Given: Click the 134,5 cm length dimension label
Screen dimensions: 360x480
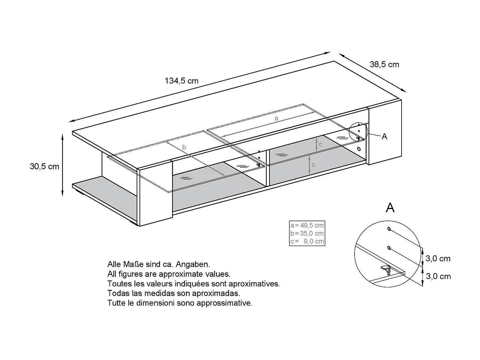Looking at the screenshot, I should tap(181, 81).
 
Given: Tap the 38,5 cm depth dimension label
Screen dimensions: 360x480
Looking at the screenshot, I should tap(384, 65).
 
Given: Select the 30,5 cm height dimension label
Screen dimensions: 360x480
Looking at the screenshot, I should tap(44, 166).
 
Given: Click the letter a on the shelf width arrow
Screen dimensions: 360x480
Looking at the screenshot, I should tap(276, 118).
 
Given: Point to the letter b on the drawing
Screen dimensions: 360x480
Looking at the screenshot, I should tap(184, 147).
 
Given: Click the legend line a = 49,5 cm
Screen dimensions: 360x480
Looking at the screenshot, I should tap(307, 225).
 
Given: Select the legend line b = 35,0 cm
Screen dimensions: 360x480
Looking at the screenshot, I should tap(307, 233).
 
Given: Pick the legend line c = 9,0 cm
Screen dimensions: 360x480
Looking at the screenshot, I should tap(307, 241).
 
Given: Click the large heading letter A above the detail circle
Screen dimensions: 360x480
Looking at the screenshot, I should tap(390, 208).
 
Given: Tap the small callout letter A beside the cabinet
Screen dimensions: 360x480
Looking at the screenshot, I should tap(384, 137).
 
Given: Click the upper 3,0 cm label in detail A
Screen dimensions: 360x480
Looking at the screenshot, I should tap(438, 259).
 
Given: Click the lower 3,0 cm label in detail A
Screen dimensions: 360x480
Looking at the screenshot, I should tap(438, 276).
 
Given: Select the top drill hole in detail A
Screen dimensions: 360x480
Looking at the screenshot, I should tap(389, 229).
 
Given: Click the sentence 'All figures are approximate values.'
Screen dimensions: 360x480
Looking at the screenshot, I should tap(169, 274).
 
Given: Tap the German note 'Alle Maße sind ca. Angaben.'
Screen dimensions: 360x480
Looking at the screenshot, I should tap(159, 264).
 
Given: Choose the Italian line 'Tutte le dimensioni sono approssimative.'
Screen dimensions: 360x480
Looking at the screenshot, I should tap(180, 303).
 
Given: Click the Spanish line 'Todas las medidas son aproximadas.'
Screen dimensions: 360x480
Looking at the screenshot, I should tap(174, 293).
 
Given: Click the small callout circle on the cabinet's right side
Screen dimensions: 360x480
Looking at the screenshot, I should tap(358, 132).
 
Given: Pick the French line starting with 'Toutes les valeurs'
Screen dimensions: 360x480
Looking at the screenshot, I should tap(194, 284).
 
